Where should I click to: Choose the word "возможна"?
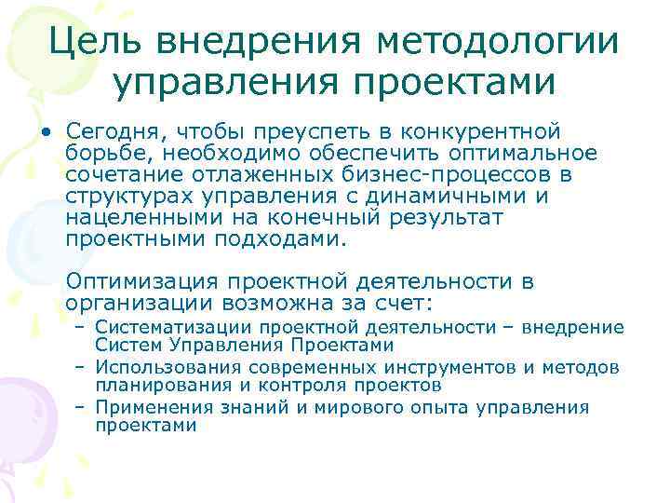click(x=283, y=304)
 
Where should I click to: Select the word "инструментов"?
click(x=464, y=367)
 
